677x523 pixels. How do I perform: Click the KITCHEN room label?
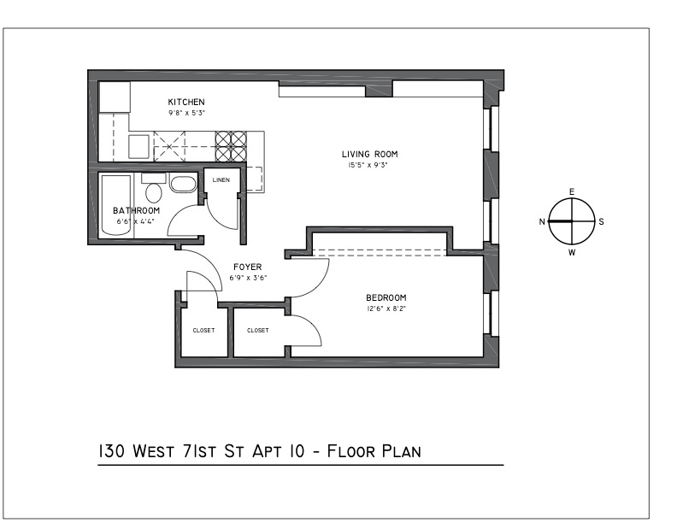[x=186, y=103]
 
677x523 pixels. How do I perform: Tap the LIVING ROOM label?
[x=369, y=154]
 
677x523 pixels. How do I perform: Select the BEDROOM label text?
[x=386, y=297]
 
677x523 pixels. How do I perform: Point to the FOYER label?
[x=248, y=267]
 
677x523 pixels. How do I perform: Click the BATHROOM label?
[x=137, y=210]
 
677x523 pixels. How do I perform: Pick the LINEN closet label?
[x=221, y=180]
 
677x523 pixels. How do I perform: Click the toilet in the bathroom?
[x=153, y=190]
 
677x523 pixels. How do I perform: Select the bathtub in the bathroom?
[x=115, y=205]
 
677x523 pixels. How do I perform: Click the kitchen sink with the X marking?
[x=169, y=147]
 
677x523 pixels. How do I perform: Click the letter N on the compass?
[x=542, y=222]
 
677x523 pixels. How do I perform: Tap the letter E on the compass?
[x=572, y=192]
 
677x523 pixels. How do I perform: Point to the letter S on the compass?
[x=601, y=222]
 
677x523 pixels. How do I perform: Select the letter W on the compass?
[x=572, y=252]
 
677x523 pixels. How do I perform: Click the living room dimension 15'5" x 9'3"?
[x=368, y=165]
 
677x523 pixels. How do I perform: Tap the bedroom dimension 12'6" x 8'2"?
[x=386, y=309]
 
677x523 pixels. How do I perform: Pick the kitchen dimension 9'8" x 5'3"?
[x=186, y=113]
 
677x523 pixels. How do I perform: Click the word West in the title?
[x=153, y=451]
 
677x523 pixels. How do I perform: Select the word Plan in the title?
[x=402, y=451]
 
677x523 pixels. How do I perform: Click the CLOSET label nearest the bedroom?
[x=258, y=331]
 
